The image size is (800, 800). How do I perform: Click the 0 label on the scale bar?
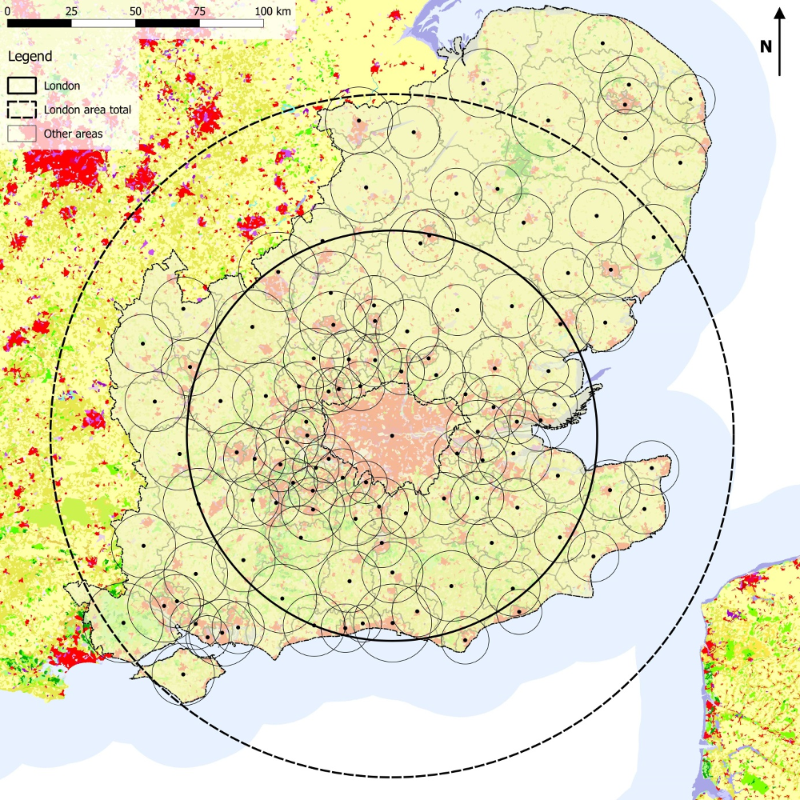[x=7, y=11]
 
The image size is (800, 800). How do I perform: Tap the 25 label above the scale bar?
[x=71, y=11]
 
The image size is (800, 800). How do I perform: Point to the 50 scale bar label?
[x=135, y=11]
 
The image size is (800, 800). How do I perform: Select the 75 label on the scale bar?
[x=199, y=11]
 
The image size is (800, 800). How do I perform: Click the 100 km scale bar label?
[x=274, y=11]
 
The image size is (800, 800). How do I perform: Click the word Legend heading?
[x=30, y=57]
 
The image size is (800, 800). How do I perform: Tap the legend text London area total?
[x=88, y=110]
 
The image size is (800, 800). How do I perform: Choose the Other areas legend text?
[x=74, y=134]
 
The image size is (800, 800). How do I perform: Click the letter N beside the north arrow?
[x=766, y=46]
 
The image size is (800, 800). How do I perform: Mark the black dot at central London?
[x=392, y=435]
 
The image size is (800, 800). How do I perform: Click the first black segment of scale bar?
[x=39, y=23]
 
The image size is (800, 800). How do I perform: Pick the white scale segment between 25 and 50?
[x=103, y=23]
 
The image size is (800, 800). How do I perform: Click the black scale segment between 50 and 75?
[x=167, y=23]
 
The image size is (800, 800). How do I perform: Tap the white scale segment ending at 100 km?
[x=231, y=23]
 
